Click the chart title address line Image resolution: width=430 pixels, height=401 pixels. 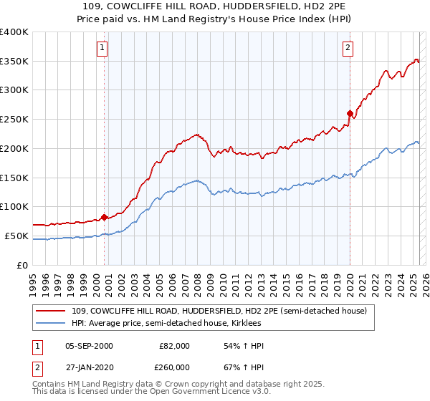tap(215, 6)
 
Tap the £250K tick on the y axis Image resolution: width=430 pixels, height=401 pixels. tap(15, 119)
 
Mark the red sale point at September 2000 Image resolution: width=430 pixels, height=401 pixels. tap(104, 217)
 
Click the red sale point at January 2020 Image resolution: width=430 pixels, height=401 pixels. tap(350, 113)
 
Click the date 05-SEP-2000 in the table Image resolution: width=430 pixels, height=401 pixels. tap(89, 346)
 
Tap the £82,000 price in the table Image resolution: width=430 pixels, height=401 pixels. tap(174, 346)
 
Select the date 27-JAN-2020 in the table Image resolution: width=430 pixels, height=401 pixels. tap(89, 367)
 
